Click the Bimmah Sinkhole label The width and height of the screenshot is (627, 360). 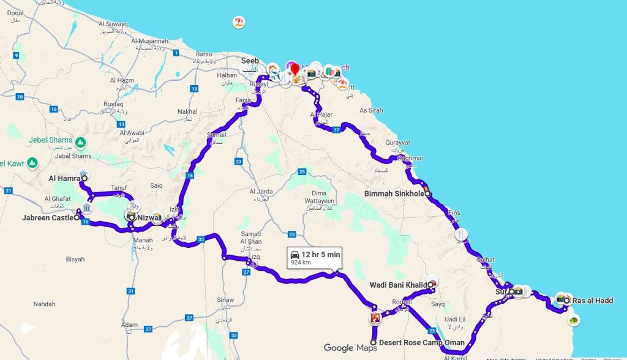(394, 194)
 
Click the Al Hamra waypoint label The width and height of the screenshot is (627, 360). (64, 178)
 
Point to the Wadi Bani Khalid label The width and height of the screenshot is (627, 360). (398, 285)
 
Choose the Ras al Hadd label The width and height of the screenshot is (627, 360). (593, 301)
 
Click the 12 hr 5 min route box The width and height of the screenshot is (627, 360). (315, 257)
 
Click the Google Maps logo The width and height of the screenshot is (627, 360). (350, 348)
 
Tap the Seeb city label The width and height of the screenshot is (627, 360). (250, 61)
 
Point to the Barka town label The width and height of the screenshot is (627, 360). (203, 54)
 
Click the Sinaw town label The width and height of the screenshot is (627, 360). (225, 300)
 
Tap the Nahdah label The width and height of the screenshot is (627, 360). (44, 304)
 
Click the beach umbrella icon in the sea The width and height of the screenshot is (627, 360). (238, 23)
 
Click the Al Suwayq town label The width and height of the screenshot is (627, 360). (113, 24)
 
